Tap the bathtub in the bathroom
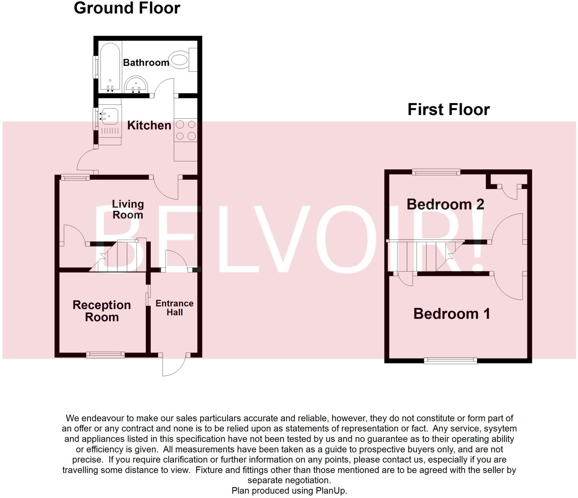pos(110,67)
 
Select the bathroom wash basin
pos(136,84)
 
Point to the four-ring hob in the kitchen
pos(186,130)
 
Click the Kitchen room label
pos(149,125)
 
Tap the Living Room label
pos(128,209)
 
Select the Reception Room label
pos(102,311)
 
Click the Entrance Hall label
pos(174,308)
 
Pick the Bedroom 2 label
pos(445,204)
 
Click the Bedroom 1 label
pos(452,314)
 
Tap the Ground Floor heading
pos(127,8)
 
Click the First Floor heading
pos(449,110)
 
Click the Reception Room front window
pos(105,355)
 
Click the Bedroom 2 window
pos(436,172)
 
